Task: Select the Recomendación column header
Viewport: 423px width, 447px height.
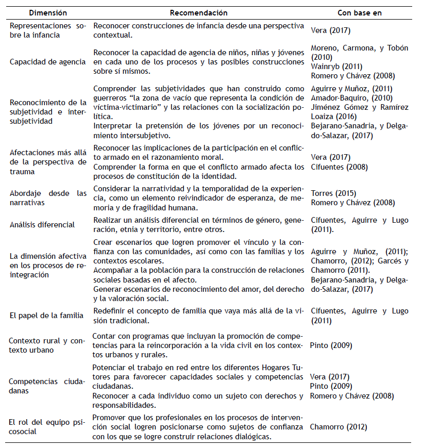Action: click(198, 13)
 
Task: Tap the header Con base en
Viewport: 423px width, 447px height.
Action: click(359, 13)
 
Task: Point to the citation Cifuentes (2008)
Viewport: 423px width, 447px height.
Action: click(337, 167)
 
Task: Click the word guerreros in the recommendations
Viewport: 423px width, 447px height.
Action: click(111, 98)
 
